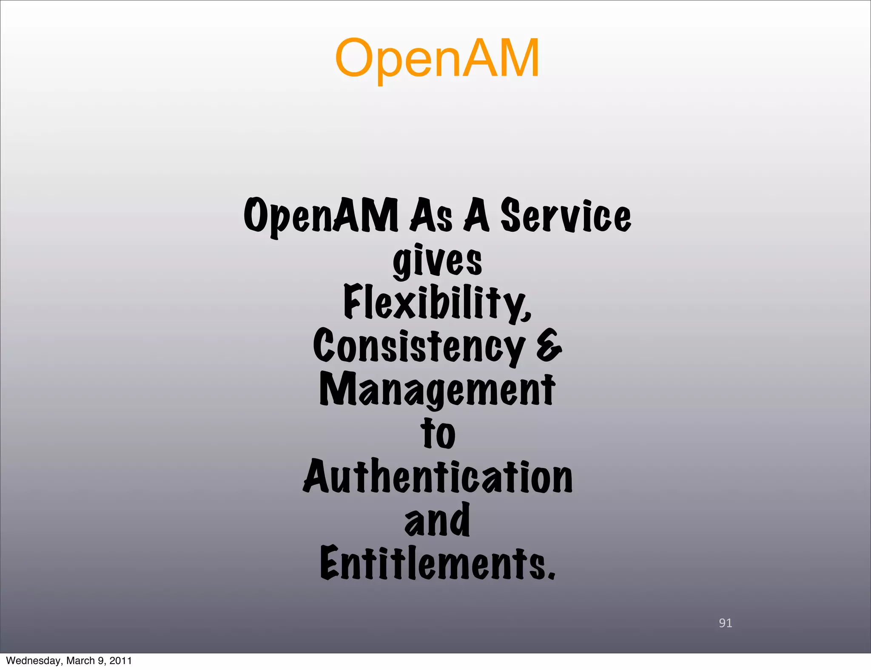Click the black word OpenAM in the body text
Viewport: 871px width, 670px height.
321,216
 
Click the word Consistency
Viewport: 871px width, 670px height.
419,346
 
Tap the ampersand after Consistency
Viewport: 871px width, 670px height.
549,346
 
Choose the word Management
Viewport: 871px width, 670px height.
437,389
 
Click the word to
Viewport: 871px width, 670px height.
438,434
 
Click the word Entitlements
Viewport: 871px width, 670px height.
434,563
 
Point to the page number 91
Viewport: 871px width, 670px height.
725,623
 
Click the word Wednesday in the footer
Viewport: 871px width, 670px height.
34,661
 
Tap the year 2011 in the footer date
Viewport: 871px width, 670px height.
120,661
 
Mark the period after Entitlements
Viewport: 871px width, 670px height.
551,575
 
